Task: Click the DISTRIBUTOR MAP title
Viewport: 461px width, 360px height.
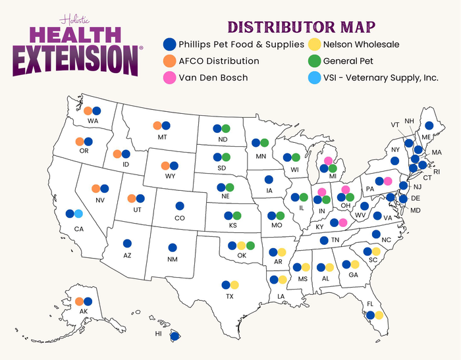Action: pos(302,27)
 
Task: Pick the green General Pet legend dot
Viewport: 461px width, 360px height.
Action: pos(314,61)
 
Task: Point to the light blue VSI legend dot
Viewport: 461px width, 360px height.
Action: pos(314,78)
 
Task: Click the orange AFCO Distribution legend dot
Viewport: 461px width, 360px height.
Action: pos(169,61)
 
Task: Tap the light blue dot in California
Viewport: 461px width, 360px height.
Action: pos(78,213)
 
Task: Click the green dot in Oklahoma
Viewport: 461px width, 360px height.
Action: pos(250,245)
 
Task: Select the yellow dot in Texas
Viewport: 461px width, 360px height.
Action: pos(235,285)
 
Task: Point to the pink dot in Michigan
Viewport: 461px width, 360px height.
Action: pos(328,160)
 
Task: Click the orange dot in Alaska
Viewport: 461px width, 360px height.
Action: pos(79,301)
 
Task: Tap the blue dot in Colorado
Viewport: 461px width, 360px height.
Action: pos(179,206)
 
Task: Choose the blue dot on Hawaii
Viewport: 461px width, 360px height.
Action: pos(175,336)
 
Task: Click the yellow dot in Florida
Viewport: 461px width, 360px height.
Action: pos(379,315)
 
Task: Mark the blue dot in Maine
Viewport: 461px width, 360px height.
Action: pos(429,125)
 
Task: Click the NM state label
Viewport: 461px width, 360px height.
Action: pos(173,259)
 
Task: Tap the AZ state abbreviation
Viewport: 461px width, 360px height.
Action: pos(127,254)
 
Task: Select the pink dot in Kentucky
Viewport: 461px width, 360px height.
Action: pos(343,222)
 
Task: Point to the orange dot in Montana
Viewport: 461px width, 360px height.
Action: pos(157,126)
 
